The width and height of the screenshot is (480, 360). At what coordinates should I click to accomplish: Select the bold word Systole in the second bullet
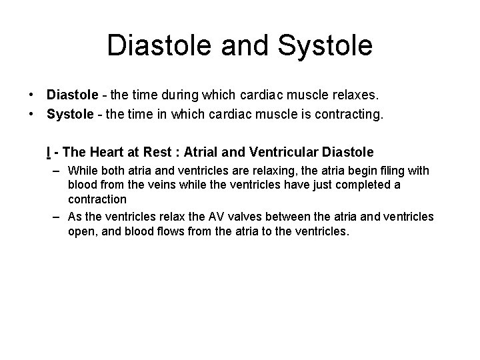pyautogui.click(x=70, y=114)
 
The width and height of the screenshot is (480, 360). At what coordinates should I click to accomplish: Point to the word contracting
pyautogui.click(x=349, y=114)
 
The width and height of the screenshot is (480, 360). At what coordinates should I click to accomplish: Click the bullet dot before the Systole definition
pyautogui.click(x=32, y=114)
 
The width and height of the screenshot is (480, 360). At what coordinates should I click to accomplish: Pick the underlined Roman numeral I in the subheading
pyautogui.click(x=49, y=151)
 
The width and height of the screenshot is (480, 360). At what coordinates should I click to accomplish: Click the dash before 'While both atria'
pyautogui.click(x=58, y=170)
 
